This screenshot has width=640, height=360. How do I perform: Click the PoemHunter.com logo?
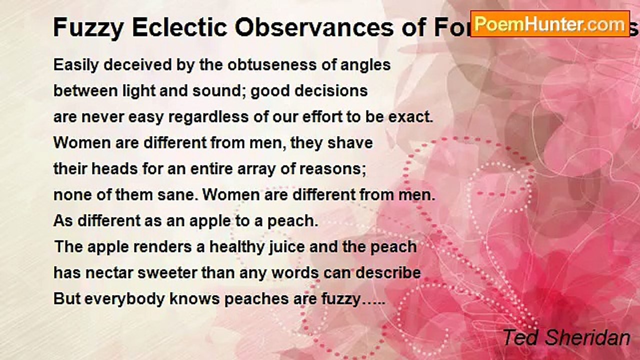[550, 23]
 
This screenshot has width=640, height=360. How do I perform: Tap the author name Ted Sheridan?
[566, 338]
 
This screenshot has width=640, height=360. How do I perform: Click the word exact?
[412, 117]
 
